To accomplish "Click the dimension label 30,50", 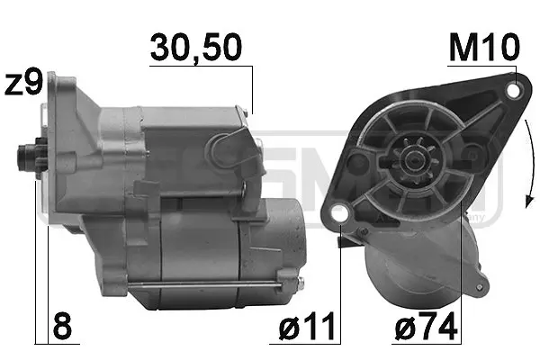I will pyautogui.click(x=196, y=48).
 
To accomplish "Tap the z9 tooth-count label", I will pyautogui.click(x=23, y=84).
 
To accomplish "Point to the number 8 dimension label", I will pyautogui.click(x=61, y=326).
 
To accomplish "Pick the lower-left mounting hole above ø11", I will pyautogui.click(x=339, y=213).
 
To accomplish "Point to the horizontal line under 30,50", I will pyautogui.click(x=200, y=66).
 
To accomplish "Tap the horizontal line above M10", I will pyautogui.click(x=483, y=67).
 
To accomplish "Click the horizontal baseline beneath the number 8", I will pyautogui.click(x=56, y=343).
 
